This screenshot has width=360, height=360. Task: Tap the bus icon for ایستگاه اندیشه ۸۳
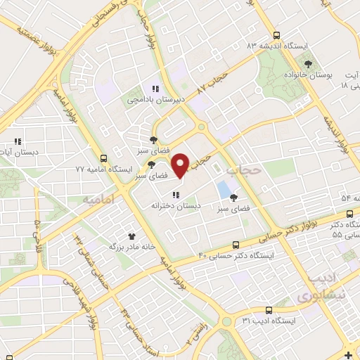[x=276, y=34]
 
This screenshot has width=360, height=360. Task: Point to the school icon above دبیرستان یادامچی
[x=155, y=89]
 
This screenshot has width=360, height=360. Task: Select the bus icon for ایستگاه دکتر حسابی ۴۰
[x=236, y=244]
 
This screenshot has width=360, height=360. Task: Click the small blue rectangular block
[x=224, y=188]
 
